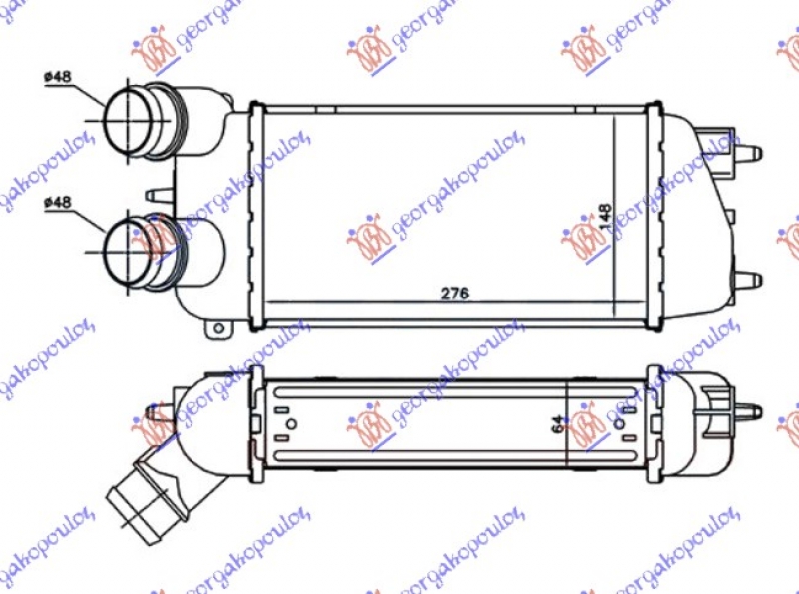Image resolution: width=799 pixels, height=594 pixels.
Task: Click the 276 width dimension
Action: pos(455,294)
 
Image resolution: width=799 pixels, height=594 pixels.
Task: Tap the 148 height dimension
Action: pos(606,218)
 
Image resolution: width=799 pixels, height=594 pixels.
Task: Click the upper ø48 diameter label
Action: pos(58,78)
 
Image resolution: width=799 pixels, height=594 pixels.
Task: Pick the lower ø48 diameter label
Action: pos(58,203)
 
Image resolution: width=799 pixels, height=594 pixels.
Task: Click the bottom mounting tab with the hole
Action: pos(217,325)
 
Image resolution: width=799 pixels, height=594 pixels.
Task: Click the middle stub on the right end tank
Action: pos(731,215)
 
